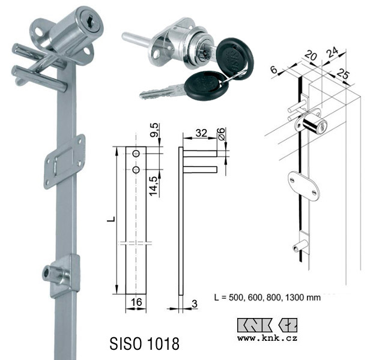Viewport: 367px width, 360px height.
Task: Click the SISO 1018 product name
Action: pyautogui.click(x=144, y=343)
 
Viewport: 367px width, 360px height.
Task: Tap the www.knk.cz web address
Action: pyautogui.click(x=267, y=338)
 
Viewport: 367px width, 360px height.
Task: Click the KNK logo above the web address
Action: pyautogui.click(x=267, y=325)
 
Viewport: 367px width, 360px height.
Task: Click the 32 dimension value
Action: pyautogui.click(x=201, y=133)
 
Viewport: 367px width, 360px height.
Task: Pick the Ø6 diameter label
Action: pyautogui.click(x=222, y=134)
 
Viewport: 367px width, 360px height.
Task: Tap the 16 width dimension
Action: pyautogui.click(x=136, y=302)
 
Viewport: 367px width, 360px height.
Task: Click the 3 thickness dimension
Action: pyautogui.click(x=195, y=304)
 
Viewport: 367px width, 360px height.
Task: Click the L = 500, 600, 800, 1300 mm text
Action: pyautogui.click(x=267, y=298)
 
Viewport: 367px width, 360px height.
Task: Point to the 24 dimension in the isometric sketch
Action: pyautogui.click(x=332, y=52)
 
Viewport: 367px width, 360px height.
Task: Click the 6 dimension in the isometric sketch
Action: pyautogui.click(x=274, y=70)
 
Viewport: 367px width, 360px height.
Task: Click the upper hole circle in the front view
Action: pyautogui.click(x=136, y=154)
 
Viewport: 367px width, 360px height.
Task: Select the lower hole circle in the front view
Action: pyautogui.click(x=136, y=170)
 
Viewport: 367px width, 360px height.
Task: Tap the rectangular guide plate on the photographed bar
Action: pyautogui.click(x=64, y=161)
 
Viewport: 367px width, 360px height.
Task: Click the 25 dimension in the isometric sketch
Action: pyautogui.click(x=342, y=74)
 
